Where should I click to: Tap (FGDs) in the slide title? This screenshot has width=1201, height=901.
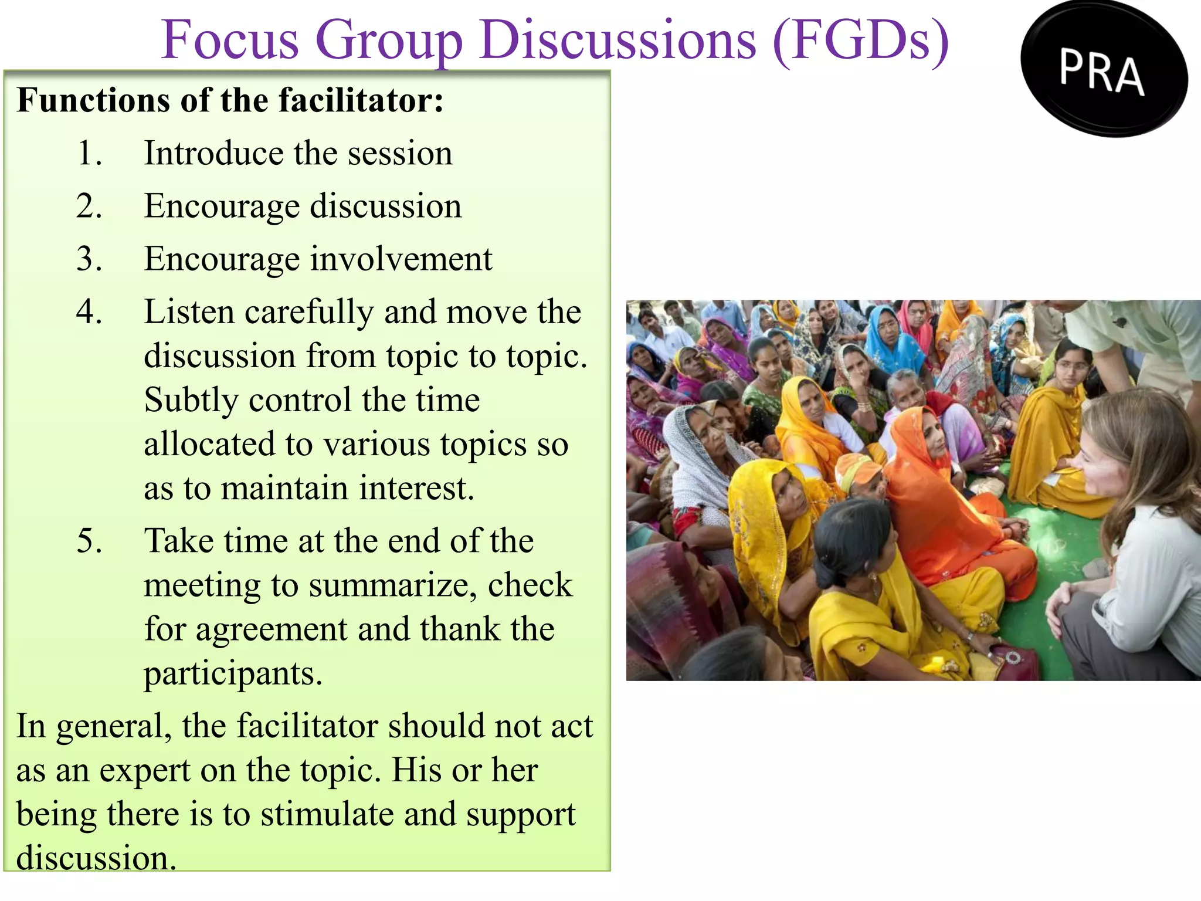pyautogui.click(x=860, y=41)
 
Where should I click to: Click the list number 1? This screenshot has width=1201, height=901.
pyautogui.click(x=89, y=154)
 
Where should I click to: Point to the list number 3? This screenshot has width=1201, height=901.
pyautogui.click(x=89, y=259)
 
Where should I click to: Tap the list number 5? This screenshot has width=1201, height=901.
pyautogui.click(x=89, y=541)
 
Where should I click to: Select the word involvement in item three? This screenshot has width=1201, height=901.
pyautogui.click(x=401, y=259)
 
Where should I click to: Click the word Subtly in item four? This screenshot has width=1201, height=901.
pyautogui.click(x=191, y=401)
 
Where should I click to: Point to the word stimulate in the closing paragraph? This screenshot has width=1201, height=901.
pyautogui.click(x=342, y=815)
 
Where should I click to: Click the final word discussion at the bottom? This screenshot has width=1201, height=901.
pyautogui.click(x=96, y=858)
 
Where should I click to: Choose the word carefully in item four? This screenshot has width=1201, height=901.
pyautogui.click(x=309, y=312)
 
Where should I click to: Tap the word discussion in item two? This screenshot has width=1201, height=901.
pyautogui.click(x=385, y=206)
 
